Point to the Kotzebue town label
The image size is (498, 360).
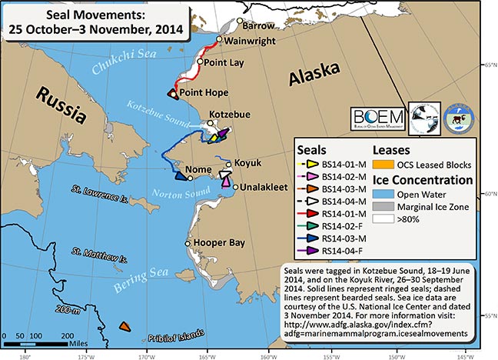click(x=230, y=114)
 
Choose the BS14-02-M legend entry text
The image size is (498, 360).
click(x=347, y=176)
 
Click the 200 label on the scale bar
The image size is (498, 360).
click(x=68, y=336)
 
